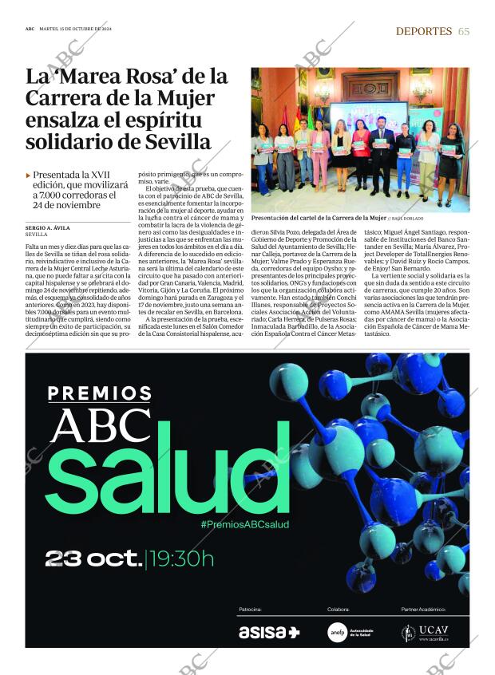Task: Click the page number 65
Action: pyautogui.click(x=464, y=31)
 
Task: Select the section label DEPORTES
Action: pyautogui.click(x=424, y=31)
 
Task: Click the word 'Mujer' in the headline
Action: pyautogui.click(x=186, y=99)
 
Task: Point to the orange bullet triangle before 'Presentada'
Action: pyautogui.click(x=29, y=175)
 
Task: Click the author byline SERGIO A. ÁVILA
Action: pyautogui.click(x=53, y=228)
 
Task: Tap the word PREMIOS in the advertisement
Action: pyautogui.click(x=100, y=393)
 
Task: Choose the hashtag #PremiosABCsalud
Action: pyautogui.click(x=245, y=524)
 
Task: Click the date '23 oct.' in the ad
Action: pyautogui.click(x=93, y=558)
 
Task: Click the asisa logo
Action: pyautogui.click(x=268, y=632)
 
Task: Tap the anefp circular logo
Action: pyautogui.click(x=337, y=632)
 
